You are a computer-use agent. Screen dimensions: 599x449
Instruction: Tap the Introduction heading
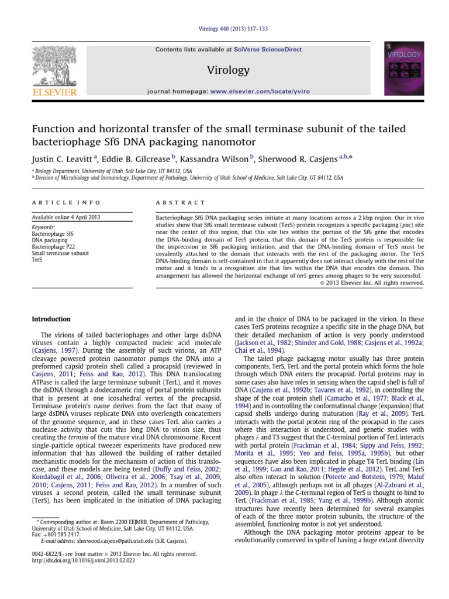51,319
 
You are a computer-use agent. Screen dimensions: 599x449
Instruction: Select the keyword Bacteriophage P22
52,246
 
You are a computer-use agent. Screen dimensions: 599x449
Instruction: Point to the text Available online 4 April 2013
65,217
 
